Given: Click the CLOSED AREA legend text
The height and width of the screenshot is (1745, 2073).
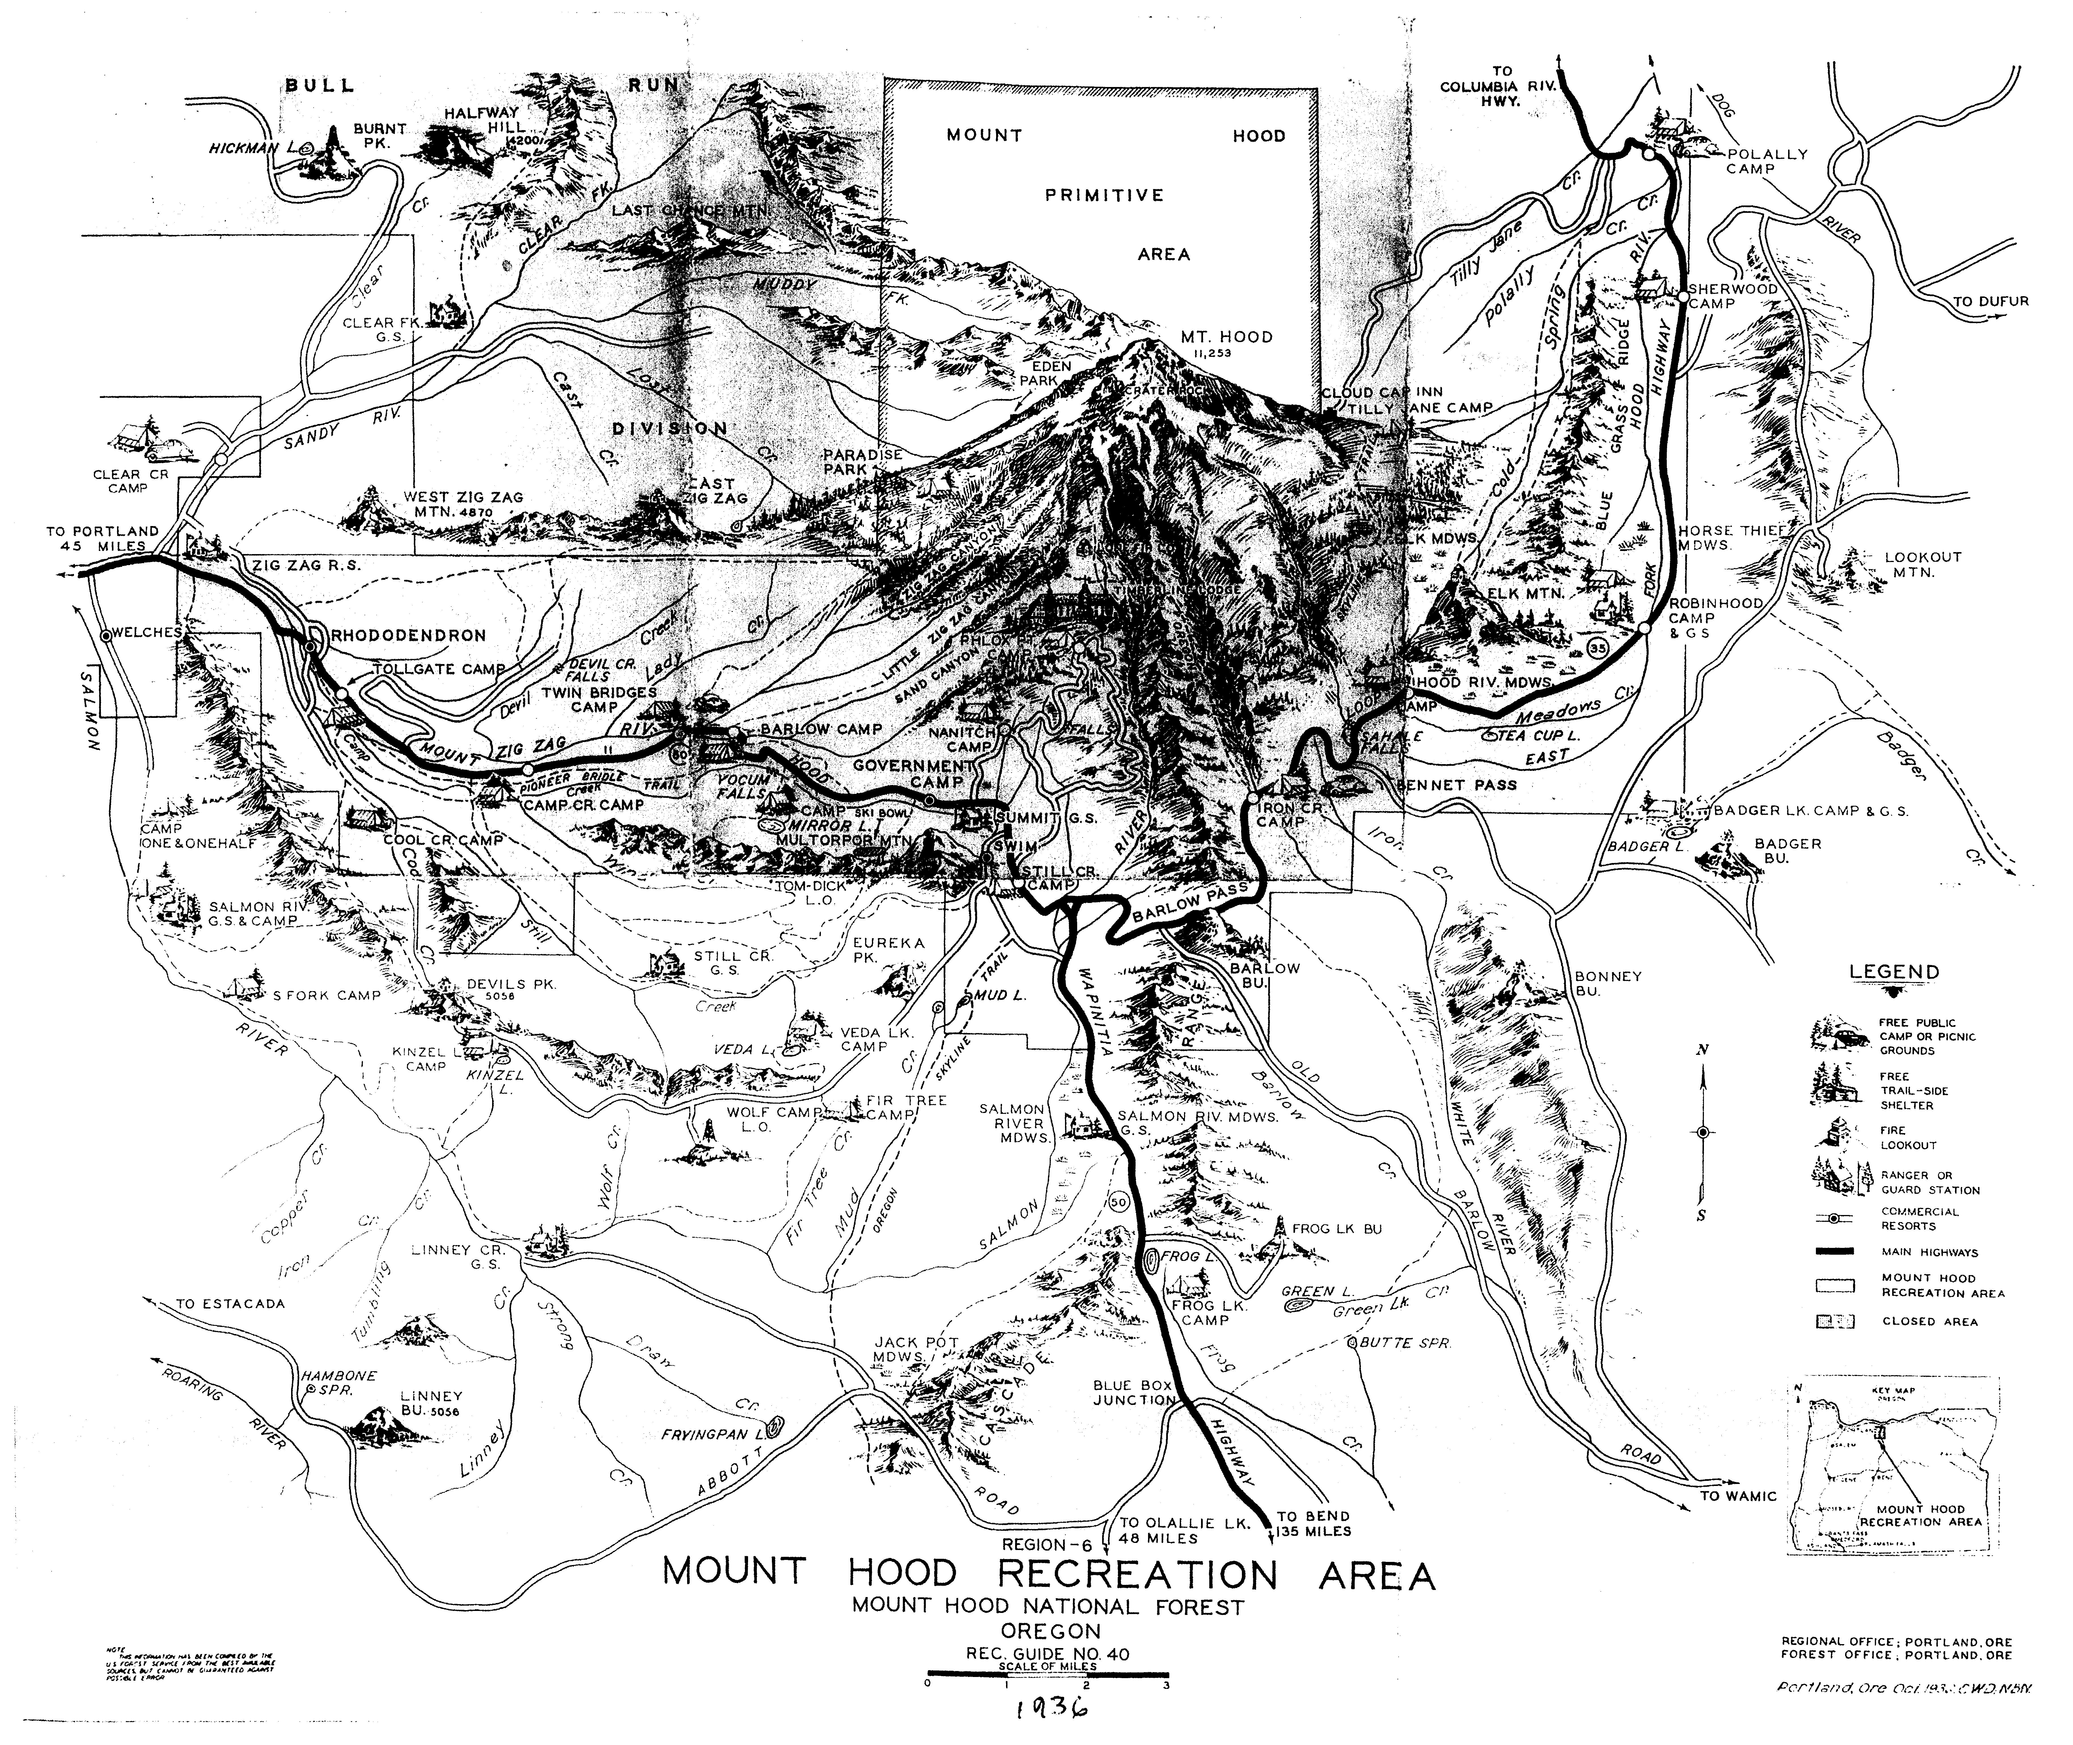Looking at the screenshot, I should pos(1930,1322).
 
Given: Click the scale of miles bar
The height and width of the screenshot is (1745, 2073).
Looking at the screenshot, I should pos(1047,1674).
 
